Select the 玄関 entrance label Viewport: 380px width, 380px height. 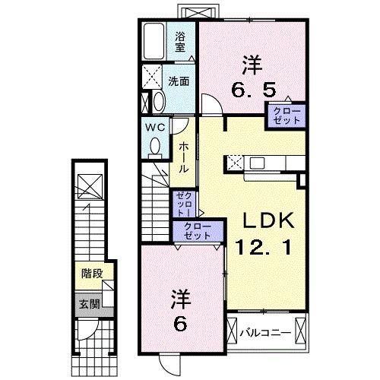pyautogui.click(x=88, y=303)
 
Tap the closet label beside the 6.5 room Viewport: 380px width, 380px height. pyautogui.click(x=285, y=116)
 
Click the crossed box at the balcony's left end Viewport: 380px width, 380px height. pyautogui.click(x=232, y=332)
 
